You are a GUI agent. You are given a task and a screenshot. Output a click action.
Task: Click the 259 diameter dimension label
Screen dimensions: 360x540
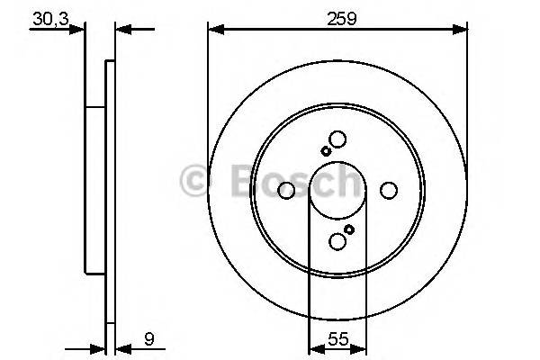pos(337,15)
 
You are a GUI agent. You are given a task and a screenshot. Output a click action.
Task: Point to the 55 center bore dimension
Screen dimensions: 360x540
pos(338,340)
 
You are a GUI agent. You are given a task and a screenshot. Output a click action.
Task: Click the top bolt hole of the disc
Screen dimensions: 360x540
pos(337,139)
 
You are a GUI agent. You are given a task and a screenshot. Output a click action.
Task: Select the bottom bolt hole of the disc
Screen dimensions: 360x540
pos(337,240)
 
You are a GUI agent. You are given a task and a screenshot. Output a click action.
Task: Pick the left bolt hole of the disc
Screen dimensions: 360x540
pos(287,191)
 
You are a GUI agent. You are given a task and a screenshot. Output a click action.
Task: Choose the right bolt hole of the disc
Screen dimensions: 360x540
pos(389,191)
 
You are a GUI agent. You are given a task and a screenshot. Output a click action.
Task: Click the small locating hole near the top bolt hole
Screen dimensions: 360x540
pos(324,151)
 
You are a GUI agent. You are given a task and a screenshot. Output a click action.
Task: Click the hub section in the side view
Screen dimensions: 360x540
pos(95,189)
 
